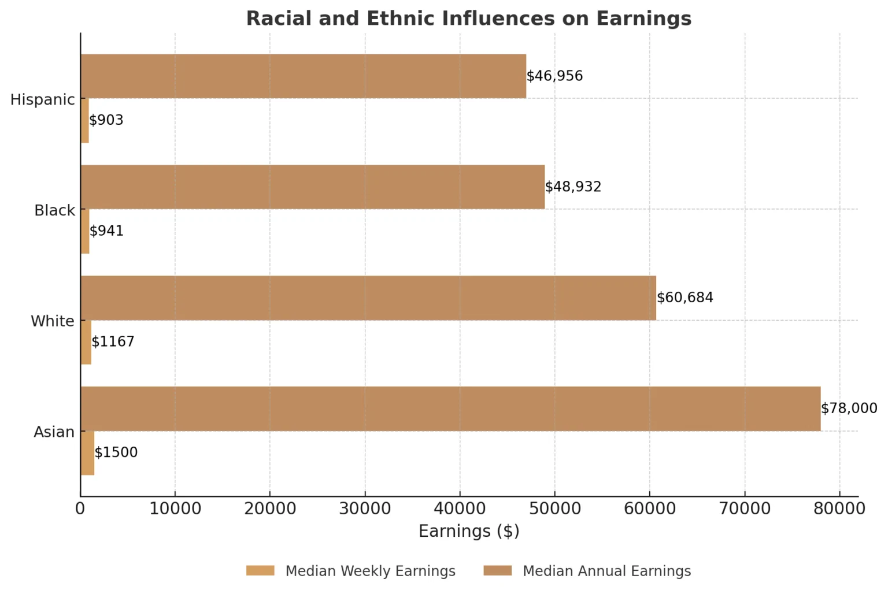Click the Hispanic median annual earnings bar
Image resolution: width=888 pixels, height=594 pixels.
point(303,76)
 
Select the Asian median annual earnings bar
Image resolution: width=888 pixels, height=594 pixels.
point(450,409)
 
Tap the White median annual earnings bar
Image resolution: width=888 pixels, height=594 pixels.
point(368,298)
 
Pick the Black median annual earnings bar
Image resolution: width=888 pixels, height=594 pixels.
point(312,187)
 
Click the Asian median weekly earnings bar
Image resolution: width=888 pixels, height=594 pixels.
point(87,453)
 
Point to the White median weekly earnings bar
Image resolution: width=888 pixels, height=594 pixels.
point(86,342)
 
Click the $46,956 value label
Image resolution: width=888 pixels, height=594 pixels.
point(554,76)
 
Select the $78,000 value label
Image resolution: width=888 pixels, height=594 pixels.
point(849,409)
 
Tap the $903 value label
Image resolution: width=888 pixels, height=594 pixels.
point(106,120)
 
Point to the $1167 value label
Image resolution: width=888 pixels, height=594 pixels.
point(113,342)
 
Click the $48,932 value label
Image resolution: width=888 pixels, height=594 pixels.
point(573,187)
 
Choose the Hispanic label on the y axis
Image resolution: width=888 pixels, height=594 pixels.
point(43,99)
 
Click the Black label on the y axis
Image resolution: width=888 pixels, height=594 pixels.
point(54,210)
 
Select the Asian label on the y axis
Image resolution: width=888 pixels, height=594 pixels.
point(54,432)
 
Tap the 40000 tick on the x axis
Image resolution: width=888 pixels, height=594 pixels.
point(460,509)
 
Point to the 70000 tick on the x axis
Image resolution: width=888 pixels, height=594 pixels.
point(745,509)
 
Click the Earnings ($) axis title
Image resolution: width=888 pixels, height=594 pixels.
point(469,531)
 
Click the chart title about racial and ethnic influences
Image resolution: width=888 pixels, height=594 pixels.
point(469,18)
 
